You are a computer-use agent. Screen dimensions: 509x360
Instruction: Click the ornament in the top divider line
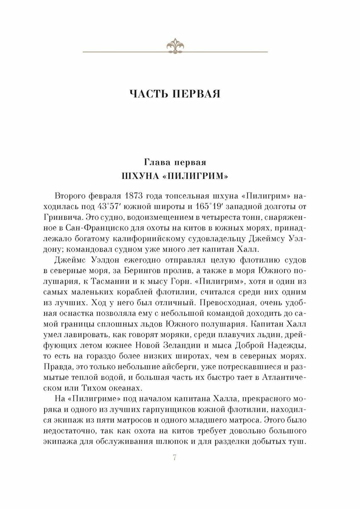175,45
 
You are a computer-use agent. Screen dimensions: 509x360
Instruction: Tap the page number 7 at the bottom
175,456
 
